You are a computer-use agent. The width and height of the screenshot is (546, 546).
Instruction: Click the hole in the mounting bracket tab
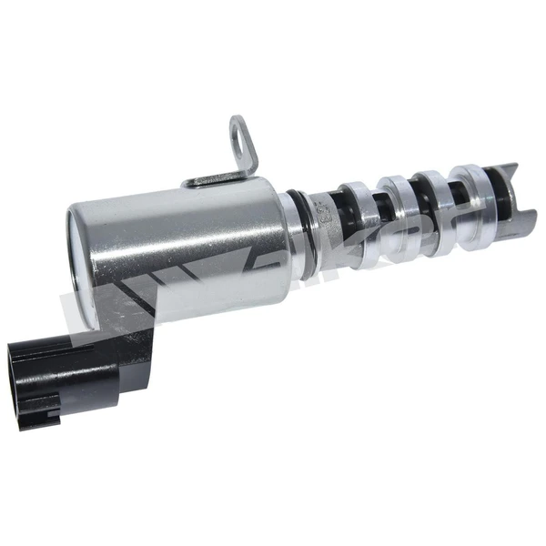238,140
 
